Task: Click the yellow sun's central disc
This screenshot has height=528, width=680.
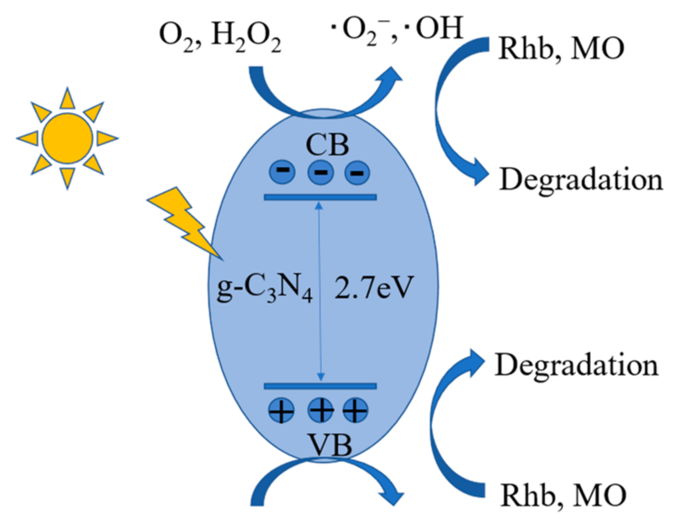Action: click(67, 138)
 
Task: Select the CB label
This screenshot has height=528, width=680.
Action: click(327, 145)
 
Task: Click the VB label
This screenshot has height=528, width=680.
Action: click(330, 445)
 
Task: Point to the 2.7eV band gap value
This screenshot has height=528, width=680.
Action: click(374, 288)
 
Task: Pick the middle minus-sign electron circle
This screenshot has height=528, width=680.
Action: click(320, 172)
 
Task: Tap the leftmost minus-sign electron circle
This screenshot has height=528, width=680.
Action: click(282, 171)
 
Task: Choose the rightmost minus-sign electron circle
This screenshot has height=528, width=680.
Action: click(357, 173)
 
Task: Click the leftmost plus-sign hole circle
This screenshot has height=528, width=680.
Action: click(281, 411)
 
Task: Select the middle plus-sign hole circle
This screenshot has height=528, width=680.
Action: click(321, 410)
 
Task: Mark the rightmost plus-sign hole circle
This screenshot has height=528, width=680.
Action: click(356, 411)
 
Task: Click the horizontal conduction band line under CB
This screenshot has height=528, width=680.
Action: click(320, 197)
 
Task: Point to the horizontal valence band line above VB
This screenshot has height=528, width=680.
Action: click(320, 386)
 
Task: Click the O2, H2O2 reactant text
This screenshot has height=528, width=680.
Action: click(220, 37)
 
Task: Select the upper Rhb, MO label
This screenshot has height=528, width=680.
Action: click(561, 48)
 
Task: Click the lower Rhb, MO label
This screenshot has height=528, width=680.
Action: click(563, 495)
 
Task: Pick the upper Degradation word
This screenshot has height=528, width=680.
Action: click(581, 180)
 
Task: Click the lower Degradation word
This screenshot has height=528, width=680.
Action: click(577, 366)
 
